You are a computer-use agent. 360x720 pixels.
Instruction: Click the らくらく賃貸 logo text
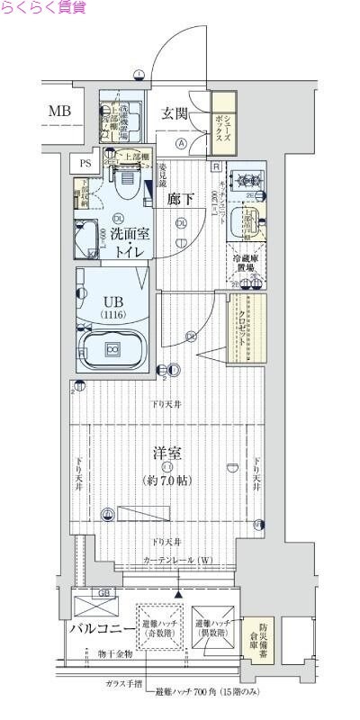[44, 8]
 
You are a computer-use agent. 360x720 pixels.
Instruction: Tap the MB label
[60, 111]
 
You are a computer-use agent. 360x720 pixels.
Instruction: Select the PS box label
[85, 163]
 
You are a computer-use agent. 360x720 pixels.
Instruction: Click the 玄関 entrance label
[175, 113]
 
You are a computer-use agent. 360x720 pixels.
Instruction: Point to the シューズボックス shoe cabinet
[222, 119]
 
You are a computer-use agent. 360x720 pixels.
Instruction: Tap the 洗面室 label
[130, 234]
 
